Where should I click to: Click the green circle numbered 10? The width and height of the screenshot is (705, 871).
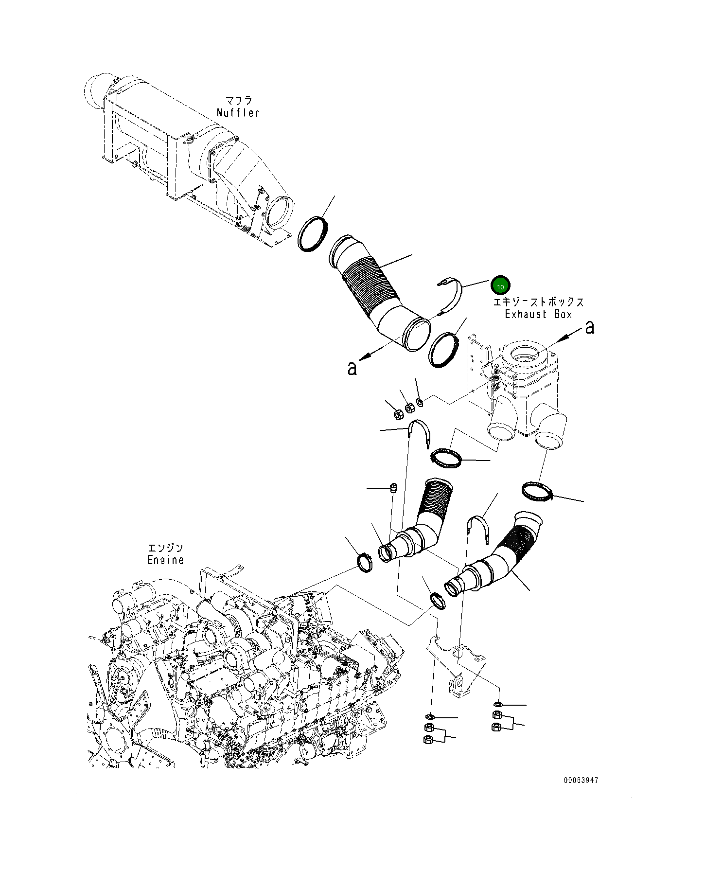(500, 286)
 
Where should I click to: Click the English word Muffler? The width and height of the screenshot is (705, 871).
(238, 113)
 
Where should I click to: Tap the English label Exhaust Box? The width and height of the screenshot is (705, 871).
(538, 314)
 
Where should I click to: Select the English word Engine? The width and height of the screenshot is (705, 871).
(165, 560)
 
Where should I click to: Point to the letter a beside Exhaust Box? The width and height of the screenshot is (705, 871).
(590, 327)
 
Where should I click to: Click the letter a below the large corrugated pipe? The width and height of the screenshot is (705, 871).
(352, 368)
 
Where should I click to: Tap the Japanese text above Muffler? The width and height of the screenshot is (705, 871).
(238, 101)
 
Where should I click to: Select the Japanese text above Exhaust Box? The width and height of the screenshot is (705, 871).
(538, 302)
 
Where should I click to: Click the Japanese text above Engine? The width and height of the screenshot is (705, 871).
(165, 548)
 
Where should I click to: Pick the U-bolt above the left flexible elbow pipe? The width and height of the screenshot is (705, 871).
(419, 433)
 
